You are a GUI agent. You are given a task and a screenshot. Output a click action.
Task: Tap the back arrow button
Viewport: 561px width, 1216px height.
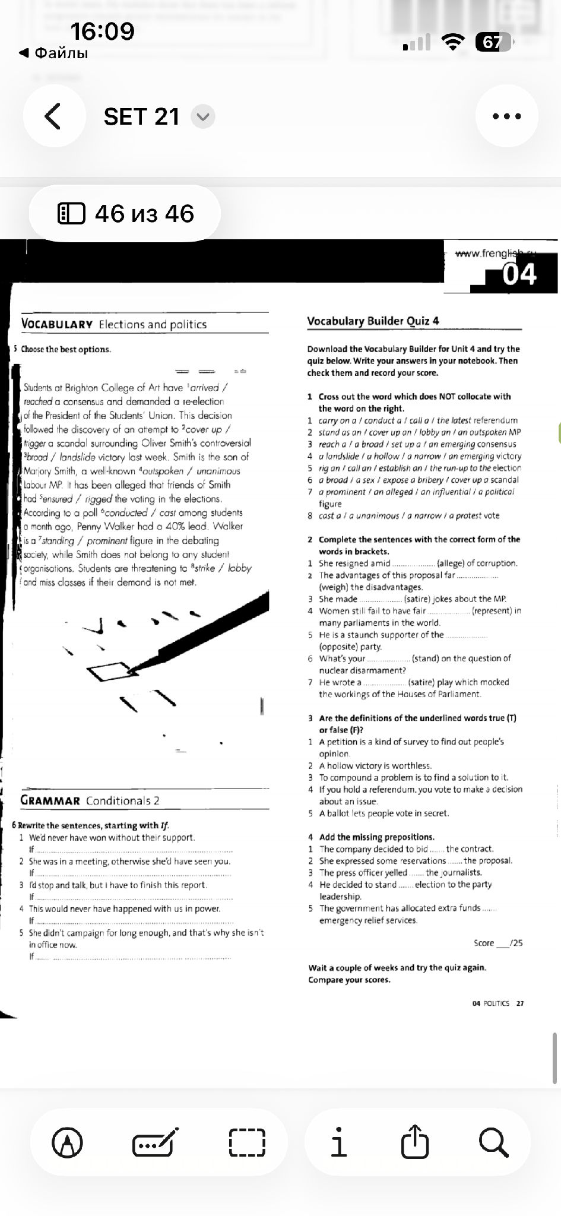tap(53, 116)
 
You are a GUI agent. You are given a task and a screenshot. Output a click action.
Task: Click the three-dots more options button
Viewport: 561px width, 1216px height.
tap(507, 116)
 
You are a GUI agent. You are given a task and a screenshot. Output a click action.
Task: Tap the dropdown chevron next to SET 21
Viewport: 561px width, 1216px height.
tap(203, 116)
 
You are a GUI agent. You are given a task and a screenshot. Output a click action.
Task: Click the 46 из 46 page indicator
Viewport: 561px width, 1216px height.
tap(125, 214)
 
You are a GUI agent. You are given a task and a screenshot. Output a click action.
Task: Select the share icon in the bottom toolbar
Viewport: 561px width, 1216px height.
tap(414, 1142)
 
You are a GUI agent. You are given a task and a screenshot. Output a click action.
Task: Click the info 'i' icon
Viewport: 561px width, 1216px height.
tap(338, 1142)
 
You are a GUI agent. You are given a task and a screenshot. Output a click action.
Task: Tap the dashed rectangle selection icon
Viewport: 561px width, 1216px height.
tap(247, 1142)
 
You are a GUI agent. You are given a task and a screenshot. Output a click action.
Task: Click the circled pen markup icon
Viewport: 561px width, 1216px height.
tap(68, 1142)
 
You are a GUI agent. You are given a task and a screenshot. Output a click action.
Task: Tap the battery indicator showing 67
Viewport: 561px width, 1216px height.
tap(493, 42)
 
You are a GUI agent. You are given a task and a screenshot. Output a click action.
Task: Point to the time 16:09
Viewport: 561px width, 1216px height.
tap(103, 31)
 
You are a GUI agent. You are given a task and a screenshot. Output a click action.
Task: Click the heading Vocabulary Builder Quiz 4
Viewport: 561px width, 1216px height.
tap(373, 321)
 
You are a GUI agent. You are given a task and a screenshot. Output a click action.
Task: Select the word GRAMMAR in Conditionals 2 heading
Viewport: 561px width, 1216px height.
tap(50, 800)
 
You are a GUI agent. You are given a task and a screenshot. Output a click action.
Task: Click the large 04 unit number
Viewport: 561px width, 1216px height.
tap(519, 274)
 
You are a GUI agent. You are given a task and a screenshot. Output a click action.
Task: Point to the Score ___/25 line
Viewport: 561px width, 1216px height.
tap(498, 943)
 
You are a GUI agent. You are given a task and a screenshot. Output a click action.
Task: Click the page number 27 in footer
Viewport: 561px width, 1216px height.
tap(520, 1003)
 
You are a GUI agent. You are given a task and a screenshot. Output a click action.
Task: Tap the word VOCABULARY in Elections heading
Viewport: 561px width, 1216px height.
tap(57, 324)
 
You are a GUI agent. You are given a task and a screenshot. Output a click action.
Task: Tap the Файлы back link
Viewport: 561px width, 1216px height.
tap(54, 53)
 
